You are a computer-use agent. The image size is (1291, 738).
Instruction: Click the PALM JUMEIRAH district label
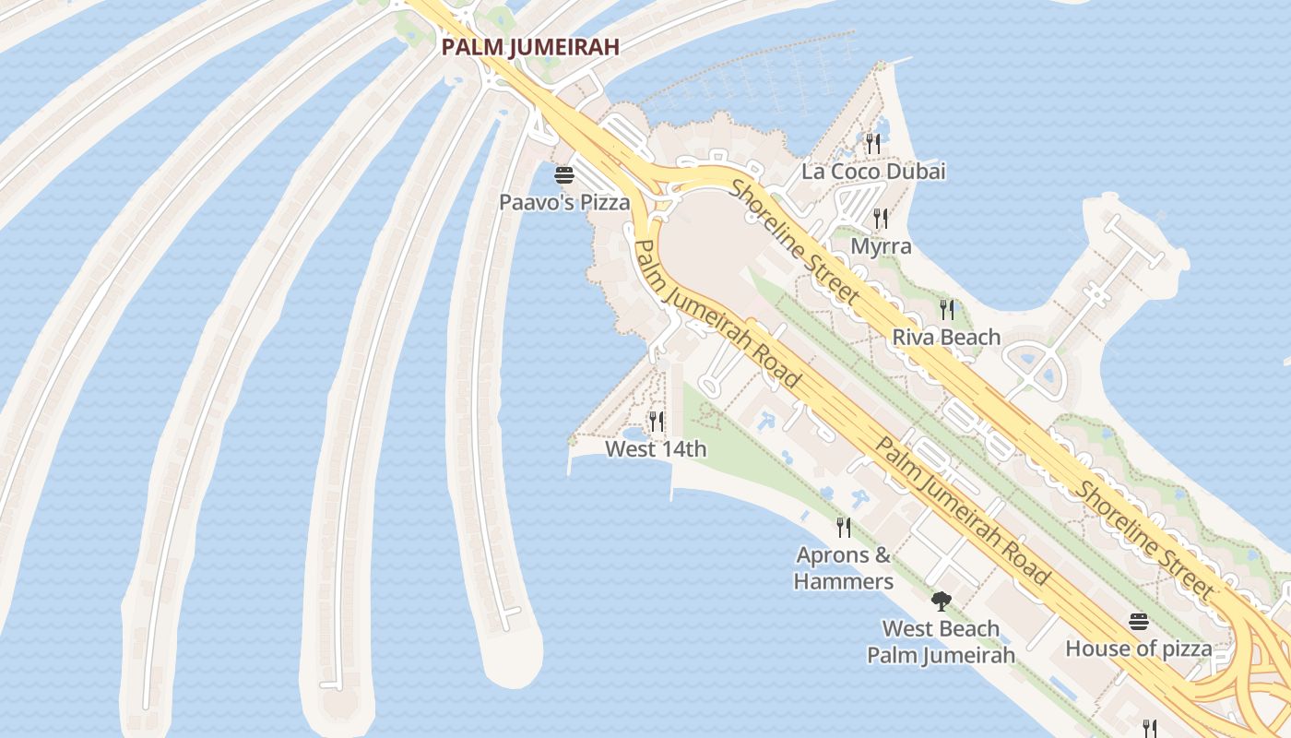point(529,46)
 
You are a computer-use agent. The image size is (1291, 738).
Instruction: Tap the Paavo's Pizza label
point(564,202)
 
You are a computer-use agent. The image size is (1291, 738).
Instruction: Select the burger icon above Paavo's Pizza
point(564,175)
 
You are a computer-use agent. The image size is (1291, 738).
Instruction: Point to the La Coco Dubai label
point(873,172)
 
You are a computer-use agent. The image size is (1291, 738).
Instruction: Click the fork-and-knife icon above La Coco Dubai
point(873,143)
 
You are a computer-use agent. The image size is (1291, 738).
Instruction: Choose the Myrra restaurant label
point(881,246)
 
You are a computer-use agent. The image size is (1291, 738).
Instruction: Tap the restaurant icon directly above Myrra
point(881,219)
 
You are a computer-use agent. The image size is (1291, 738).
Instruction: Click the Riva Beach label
point(946,337)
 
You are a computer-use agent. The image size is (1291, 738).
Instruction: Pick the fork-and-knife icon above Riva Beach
point(946,309)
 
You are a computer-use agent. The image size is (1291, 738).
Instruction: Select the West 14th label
point(656,449)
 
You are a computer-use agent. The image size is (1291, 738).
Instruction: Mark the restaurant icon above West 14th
point(656,422)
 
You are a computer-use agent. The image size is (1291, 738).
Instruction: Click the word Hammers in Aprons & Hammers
point(844,582)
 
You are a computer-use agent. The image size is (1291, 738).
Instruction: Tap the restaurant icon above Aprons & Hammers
point(844,527)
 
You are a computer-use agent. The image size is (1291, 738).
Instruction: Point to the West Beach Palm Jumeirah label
point(941,642)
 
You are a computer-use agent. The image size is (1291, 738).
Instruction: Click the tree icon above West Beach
point(941,601)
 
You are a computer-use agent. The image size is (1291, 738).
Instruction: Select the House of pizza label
point(1139,649)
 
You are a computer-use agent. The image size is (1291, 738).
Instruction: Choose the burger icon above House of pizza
point(1139,622)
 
